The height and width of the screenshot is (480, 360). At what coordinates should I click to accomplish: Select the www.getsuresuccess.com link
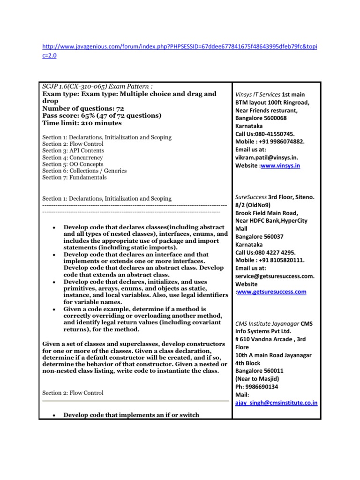(x=272, y=292)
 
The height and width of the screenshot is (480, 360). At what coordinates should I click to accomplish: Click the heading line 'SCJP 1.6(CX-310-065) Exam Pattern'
(x=98, y=87)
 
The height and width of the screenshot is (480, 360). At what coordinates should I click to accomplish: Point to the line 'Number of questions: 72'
(x=82, y=108)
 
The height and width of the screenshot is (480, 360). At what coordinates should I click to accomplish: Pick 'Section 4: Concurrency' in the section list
(x=72, y=158)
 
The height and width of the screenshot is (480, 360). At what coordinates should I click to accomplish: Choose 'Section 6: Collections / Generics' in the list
(x=84, y=171)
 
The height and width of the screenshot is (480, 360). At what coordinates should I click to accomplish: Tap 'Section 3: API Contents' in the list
(x=73, y=151)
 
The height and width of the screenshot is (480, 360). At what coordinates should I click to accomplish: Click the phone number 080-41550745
(x=277, y=134)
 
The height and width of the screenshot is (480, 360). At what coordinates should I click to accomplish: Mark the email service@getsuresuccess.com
(x=274, y=276)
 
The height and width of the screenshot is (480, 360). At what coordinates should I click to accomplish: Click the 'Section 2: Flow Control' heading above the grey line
(x=73, y=393)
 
